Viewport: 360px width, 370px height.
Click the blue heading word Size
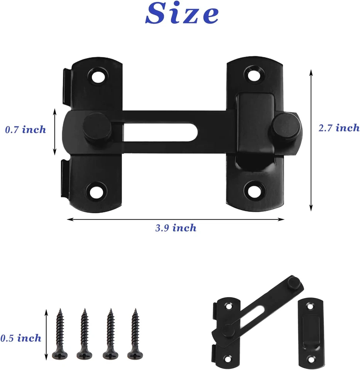click(182, 13)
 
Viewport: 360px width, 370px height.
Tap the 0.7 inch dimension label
click(26, 129)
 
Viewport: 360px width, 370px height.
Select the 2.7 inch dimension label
click(339, 128)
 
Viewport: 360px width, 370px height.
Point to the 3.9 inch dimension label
click(176, 228)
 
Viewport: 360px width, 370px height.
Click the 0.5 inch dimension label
click(21, 338)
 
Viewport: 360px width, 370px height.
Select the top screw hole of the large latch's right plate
click(254, 75)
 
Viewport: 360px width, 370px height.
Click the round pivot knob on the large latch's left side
click(97, 127)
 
